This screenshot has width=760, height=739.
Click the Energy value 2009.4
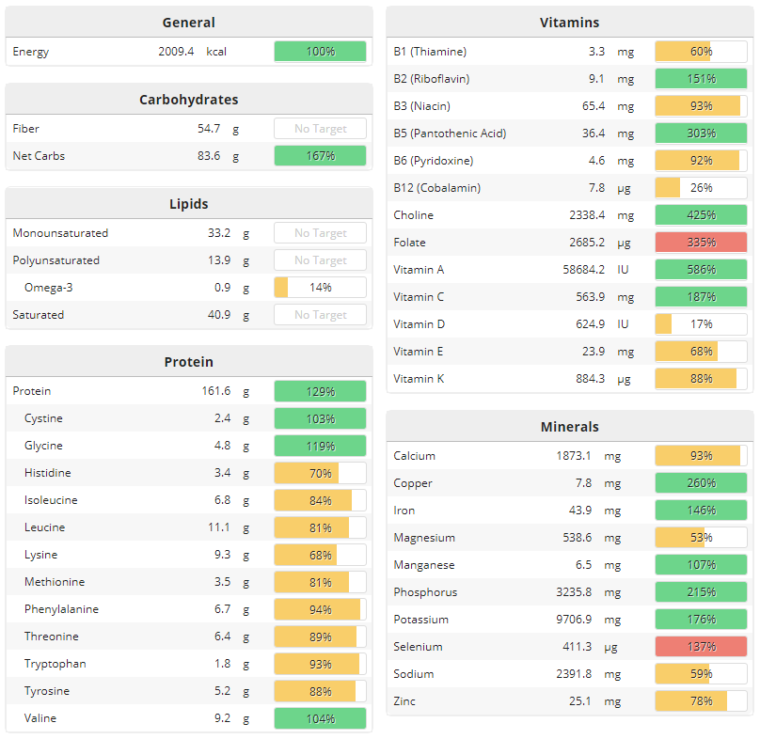tap(176, 52)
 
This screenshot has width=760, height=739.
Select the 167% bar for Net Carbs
tap(320, 156)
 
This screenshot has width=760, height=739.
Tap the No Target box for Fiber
tap(320, 129)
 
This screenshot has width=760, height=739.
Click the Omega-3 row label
tap(48, 288)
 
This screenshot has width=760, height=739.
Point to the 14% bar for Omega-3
tap(320, 288)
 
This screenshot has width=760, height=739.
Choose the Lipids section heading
tap(189, 203)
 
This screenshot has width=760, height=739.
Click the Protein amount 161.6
tap(215, 391)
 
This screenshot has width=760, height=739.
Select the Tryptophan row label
tap(55, 664)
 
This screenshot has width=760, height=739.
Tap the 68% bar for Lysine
tap(320, 555)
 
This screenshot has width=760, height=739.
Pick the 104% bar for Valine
tap(320, 718)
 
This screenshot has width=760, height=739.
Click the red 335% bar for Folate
tap(701, 243)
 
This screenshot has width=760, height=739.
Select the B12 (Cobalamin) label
tap(436, 188)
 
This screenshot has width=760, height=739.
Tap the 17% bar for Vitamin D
tap(701, 324)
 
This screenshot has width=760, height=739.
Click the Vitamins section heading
tap(569, 23)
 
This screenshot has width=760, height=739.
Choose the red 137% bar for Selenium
tap(701, 647)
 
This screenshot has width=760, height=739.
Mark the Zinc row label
tap(404, 701)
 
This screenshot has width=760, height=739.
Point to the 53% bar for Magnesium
tap(701, 538)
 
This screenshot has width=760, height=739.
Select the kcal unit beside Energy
tap(216, 52)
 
